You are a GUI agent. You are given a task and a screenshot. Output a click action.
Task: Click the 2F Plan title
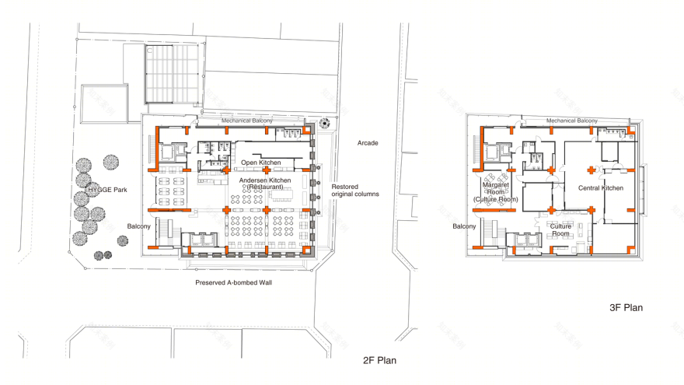[x=379, y=360]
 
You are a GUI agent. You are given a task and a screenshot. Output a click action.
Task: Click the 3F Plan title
[x=626, y=308]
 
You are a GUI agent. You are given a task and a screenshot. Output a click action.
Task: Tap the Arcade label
[x=368, y=143]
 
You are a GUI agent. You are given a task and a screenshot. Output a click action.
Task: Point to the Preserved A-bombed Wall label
[x=233, y=282]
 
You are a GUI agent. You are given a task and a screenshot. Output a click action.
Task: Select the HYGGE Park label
[x=107, y=190]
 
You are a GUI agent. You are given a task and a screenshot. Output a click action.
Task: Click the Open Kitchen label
[x=261, y=163]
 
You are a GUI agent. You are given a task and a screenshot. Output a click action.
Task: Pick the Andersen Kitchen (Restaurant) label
[x=265, y=184]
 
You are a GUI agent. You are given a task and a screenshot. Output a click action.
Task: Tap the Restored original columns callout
[x=355, y=191]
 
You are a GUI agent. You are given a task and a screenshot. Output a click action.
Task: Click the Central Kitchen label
[x=601, y=188]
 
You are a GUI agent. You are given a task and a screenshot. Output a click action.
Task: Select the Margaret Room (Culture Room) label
[x=496, y=192]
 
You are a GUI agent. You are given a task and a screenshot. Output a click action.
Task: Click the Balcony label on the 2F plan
[x=138, y=226]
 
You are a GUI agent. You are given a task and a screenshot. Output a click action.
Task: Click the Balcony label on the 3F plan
[x=464, y=226]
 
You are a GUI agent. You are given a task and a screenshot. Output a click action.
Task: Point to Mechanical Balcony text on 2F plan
[x=247, y=121]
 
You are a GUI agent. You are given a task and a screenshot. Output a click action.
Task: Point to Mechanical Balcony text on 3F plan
[x=572, y=121]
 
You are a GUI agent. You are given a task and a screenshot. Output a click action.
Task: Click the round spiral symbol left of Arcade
[x=325, y=123]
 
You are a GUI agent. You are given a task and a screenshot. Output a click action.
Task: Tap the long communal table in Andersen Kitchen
[x=282, y=194]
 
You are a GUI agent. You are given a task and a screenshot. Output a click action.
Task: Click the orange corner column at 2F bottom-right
[x=307, y=250]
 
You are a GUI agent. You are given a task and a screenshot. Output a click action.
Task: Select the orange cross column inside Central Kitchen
[x=591, y=170]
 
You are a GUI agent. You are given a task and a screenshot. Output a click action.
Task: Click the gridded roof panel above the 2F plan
[x=173, y=73]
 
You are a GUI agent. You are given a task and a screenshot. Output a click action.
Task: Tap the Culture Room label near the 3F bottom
[x=560, y=230]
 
